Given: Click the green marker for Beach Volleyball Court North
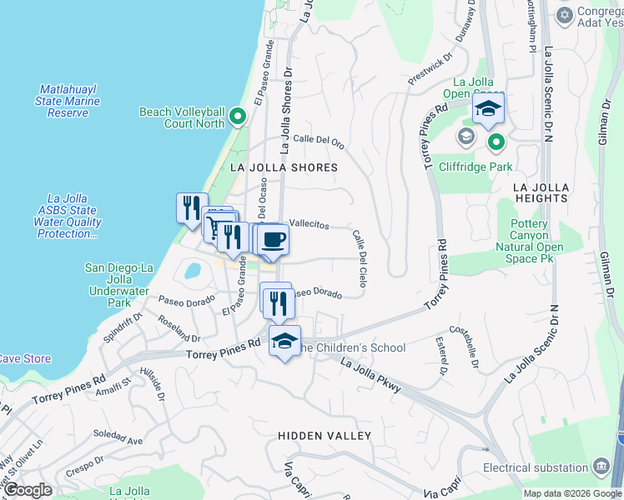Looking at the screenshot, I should click(237, 117).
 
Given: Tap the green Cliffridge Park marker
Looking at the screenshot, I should click(496, 142).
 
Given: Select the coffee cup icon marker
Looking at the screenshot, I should click(274, 240).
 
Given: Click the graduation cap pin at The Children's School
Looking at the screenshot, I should click(284, 342).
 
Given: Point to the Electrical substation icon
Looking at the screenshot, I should click(601, 466).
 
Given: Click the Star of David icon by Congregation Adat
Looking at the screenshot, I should click(564, 16).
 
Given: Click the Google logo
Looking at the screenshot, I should click(27, 490).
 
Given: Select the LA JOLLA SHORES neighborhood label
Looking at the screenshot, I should click(284, 167).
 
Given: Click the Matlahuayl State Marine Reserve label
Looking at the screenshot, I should click(68, 101).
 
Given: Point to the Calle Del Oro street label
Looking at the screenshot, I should click(319, 142).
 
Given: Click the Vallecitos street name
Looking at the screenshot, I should click(309, 225).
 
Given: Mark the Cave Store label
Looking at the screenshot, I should click(23, 359).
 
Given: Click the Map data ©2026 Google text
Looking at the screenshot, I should click(572, 493).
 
